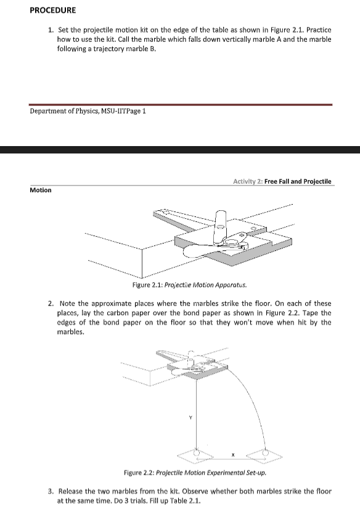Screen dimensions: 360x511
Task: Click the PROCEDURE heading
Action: tap(53, 10)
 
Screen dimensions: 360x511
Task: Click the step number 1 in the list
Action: tap(51, 30)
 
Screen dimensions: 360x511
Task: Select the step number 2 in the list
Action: tap(51, 304)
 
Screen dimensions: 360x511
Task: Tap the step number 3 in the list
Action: tap(51, 491)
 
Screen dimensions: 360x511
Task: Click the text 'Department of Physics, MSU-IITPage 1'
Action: tap(88, 111)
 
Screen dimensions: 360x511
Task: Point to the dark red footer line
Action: tap(181, 105)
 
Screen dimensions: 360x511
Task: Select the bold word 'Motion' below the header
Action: tap(41, 190)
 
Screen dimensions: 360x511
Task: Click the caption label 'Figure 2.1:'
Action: tap(147, 285)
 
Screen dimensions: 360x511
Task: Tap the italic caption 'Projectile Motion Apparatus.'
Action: tap(205, 285)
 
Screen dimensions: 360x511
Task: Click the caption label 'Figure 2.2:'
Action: tap(139, 473)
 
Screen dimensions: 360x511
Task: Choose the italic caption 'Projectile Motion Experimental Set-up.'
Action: tap(211, 473)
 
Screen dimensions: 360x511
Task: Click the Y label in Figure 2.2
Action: tap(190, 417)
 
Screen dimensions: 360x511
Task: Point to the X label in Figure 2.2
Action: tap(233, 455)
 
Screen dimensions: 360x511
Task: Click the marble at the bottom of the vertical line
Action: tap(196, 452)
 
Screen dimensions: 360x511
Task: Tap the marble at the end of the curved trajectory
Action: tap(266, 452)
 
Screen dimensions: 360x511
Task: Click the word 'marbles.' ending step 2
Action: tap(71, 332)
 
